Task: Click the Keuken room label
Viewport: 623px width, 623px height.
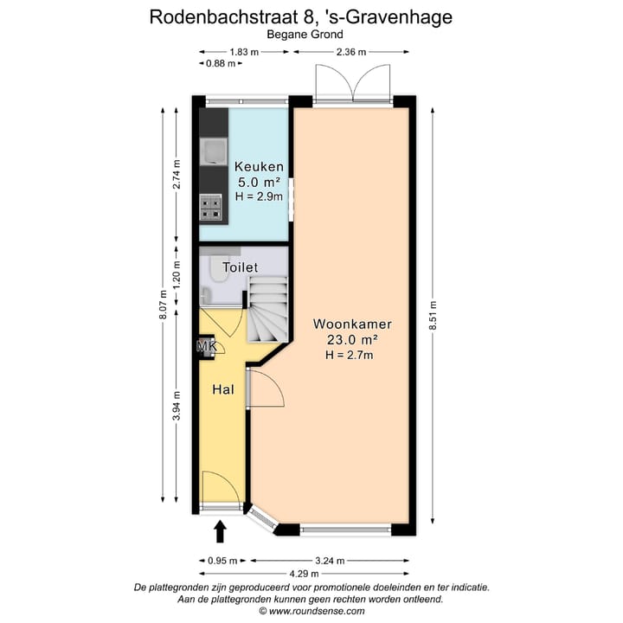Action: click(260, 167)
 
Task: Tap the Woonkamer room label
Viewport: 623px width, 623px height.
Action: click(352, 324)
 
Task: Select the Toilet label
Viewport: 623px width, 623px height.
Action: click(240, 267)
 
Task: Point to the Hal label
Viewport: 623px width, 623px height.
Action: click(223, 390)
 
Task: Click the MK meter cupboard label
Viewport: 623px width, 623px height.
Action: click(206, 347)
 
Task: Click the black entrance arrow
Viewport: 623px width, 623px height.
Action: click(220, 529)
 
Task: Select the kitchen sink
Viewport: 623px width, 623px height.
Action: click(212, 151)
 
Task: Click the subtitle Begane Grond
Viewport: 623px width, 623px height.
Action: click(311, 35)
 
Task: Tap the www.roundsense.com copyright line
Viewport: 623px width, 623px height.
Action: click(311, 610)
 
